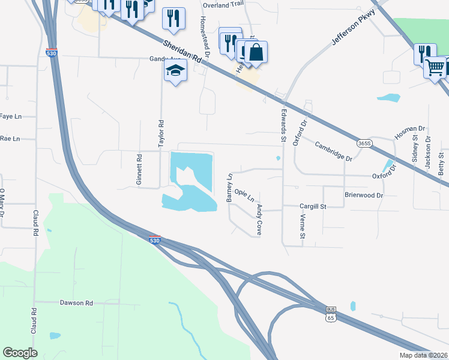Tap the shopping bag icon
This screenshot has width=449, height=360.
click(x=256, y=52)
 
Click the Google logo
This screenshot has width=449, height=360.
click(x=20, y=353)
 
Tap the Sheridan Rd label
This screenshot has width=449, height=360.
click(x=181, y=50)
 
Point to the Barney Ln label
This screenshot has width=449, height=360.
click(x=229, y=188)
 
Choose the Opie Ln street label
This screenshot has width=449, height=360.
click(x=244, y=196)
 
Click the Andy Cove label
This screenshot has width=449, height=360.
click(x=260, y=219)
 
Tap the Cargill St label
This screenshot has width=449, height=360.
click(x=312, y=206)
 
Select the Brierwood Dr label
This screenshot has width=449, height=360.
click(x=363, y=196)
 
